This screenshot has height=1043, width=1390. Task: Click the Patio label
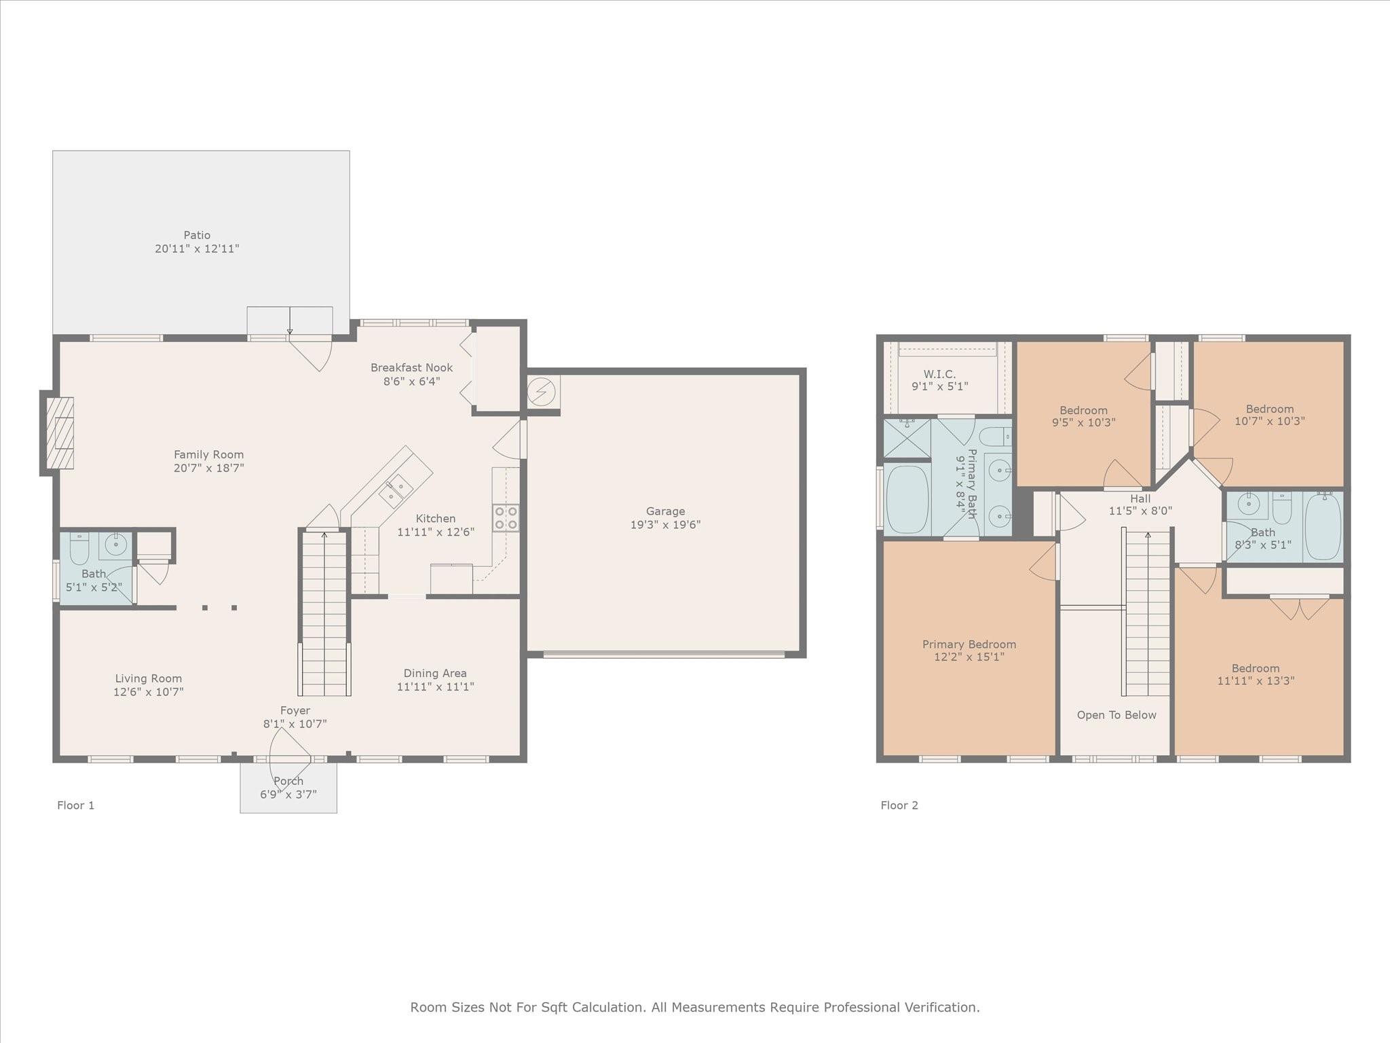[x=197, y=236]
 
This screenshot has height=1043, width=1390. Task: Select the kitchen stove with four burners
[x=506, y=517]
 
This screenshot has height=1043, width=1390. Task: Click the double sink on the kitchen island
[x=396, y=491]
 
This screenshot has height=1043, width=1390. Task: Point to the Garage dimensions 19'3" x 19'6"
[x=665, y=524]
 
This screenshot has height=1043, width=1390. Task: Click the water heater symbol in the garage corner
[x=542, y=392]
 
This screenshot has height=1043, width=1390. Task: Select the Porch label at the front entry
[x=288, y=781]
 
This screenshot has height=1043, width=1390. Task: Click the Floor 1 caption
[x=75, y=805]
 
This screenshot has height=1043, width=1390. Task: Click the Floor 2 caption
[x=899, y=805]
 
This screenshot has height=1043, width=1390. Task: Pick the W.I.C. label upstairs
[x=939, y=374]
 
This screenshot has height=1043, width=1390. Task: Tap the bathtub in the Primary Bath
[x=907, y=499]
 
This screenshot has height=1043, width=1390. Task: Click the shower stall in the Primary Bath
[x=907, y=439]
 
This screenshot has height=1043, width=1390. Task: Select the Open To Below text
[x=1116, y=715]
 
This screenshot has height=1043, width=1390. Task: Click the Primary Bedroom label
[x=969, y=644]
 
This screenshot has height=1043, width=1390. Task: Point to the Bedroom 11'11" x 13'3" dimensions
[x=1256, y=680]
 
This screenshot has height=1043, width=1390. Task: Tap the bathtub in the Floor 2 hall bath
[x=1323, y=526]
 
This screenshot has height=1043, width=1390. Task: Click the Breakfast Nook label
[x=411, y=367]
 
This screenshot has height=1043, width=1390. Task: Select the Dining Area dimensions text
[x=435, y=687]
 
